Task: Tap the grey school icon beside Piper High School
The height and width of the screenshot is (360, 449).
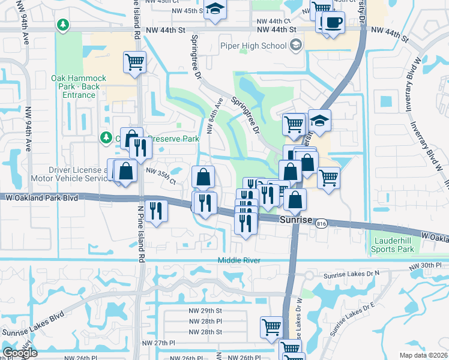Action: (295, 45)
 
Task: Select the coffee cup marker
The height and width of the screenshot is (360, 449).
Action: (332, 22)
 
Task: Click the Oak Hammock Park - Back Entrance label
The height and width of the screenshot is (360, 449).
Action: (79, 86)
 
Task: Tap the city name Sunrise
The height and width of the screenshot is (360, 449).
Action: (297, 221)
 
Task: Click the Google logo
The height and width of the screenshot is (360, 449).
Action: (20, 353)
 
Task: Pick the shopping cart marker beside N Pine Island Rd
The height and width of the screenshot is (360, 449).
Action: (135, 61)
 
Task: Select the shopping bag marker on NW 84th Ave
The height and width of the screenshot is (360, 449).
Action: (203, 176)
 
